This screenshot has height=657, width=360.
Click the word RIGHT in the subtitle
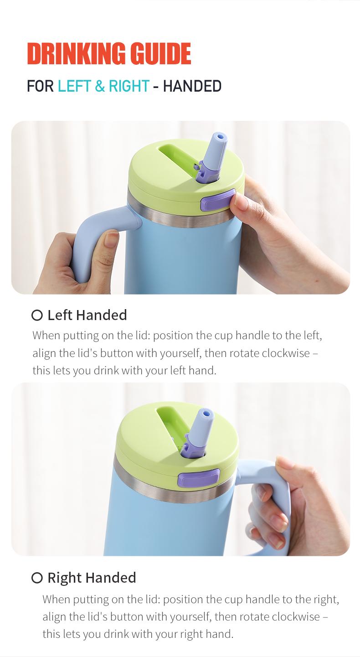coord(129,86)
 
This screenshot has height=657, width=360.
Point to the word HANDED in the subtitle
coord(192,86)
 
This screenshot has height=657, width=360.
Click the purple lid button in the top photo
coord(217,200)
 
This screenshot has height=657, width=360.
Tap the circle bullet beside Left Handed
coord(37,316)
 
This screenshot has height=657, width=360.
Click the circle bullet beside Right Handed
coord(37,578)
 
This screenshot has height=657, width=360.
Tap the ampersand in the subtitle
coord(100,86)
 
